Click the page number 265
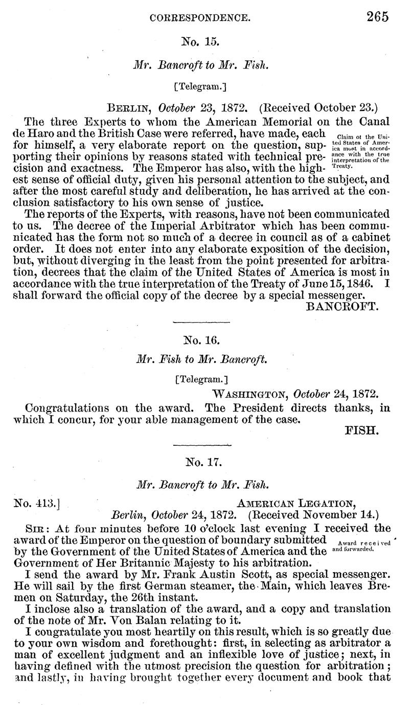[377, 16]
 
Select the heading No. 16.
[200, 339]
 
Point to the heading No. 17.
[200, 463]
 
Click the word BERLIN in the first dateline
[130, 109]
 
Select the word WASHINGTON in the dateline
[246, 395]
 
